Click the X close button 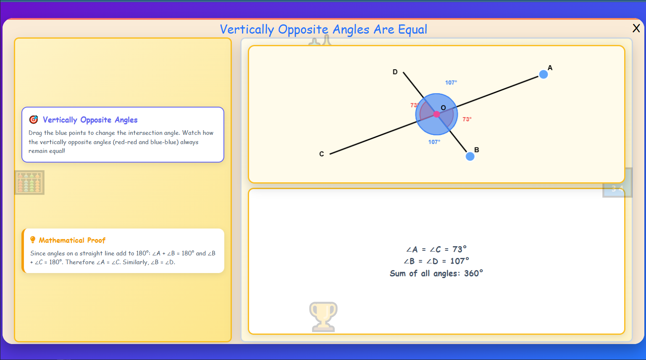click(x=636, y=28)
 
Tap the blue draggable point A click(x=543, y=74)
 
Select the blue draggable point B click(x=470, y=156)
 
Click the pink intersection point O click(x=436, y=114)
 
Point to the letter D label click(x=395, y=72)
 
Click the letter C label click(x=321, y=154)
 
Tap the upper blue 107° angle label click(x=451, y=83)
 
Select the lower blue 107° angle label click(x=434, y=142)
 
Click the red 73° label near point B click(x=467, y=119)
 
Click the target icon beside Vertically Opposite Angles click(x=34, y=120)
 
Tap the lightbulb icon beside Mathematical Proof click(x=33, y=240)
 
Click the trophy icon click(x=323, y=316)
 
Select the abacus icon click(x=29, y=182)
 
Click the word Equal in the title click(x=412, y=29)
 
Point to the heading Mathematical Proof click(x=72, y=240)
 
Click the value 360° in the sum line click(x=473, y=273)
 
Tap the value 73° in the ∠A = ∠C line click(x=460, y=249)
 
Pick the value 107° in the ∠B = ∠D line click(x=460, y=261)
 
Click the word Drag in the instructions click(x=35, y=133)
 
